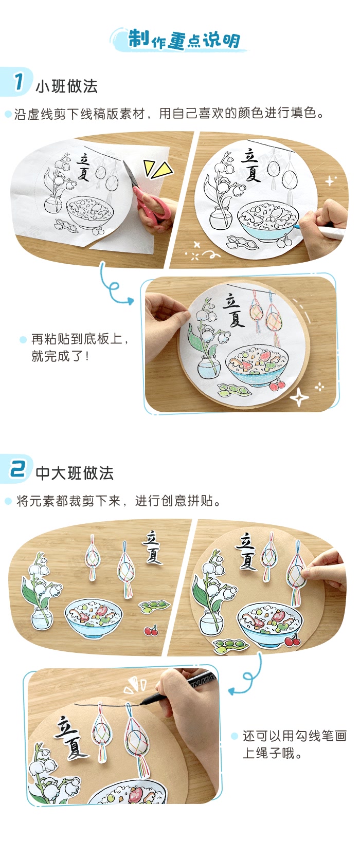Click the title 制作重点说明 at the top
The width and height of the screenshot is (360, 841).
pyautogui.click(x=183, y=40)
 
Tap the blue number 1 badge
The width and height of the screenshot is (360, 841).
pyautogui.click(x=19, y=82)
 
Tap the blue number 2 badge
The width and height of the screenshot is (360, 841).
pyautogui.click(x=18, y=469)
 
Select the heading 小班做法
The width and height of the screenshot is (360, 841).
pyautogui.click(x=66, y=86)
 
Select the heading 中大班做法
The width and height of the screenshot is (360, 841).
pyautogui.click(x=75, y=473)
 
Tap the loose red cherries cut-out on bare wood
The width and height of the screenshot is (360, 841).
pyautogui.click(x=151, y=630)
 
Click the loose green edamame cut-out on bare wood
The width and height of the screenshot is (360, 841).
pyautogui.click(x=155, y=607)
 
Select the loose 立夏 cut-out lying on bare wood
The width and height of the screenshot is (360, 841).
pyautogui.click(x=152, y=548)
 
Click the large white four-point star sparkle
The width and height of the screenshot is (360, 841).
pyautogui.click(x=299, y=397)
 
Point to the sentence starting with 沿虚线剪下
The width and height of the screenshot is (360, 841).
pyautogui.click(x=170, y=114)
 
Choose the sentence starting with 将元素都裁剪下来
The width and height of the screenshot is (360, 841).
pyautogui.click(x=118, y=501)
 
